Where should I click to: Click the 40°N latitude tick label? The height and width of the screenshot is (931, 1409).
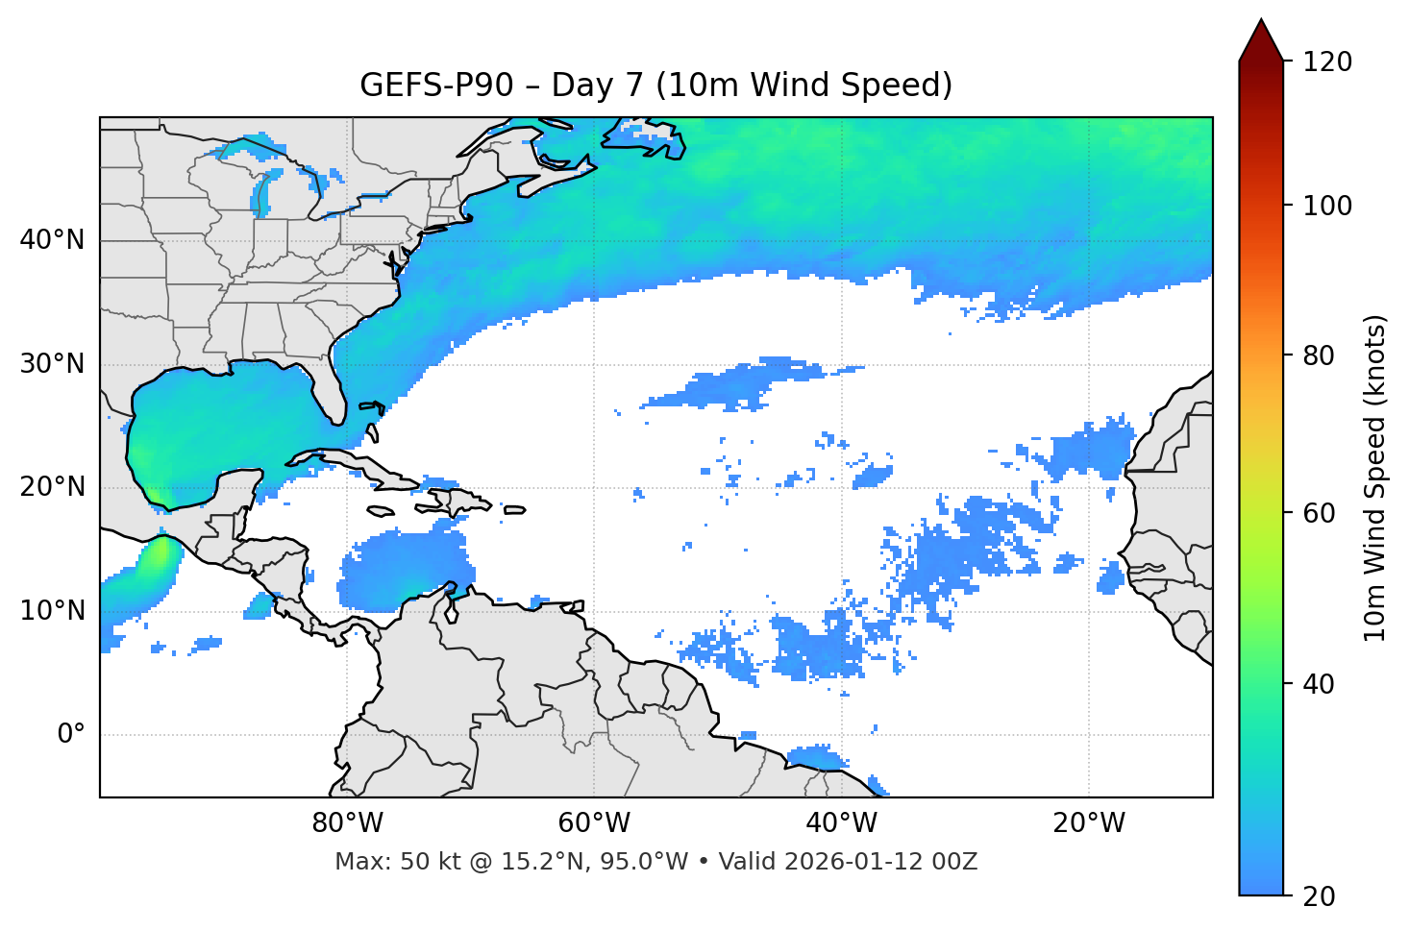(52, 240)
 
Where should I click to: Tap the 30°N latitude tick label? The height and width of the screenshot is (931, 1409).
(52, 364)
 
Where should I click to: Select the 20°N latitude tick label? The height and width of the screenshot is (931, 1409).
(52, 487)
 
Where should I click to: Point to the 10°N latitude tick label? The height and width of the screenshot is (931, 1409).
(52, 611)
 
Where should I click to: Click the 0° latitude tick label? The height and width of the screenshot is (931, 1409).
(71, 735)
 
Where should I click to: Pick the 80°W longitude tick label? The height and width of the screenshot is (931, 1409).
(347, 823)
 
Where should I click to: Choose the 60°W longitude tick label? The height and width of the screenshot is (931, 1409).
(594, 823)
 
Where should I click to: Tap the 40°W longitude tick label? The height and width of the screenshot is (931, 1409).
(842, 823)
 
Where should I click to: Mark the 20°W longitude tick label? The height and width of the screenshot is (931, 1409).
(1089, 823)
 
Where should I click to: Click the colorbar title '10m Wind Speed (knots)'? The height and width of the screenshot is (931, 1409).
(1375, 478)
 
